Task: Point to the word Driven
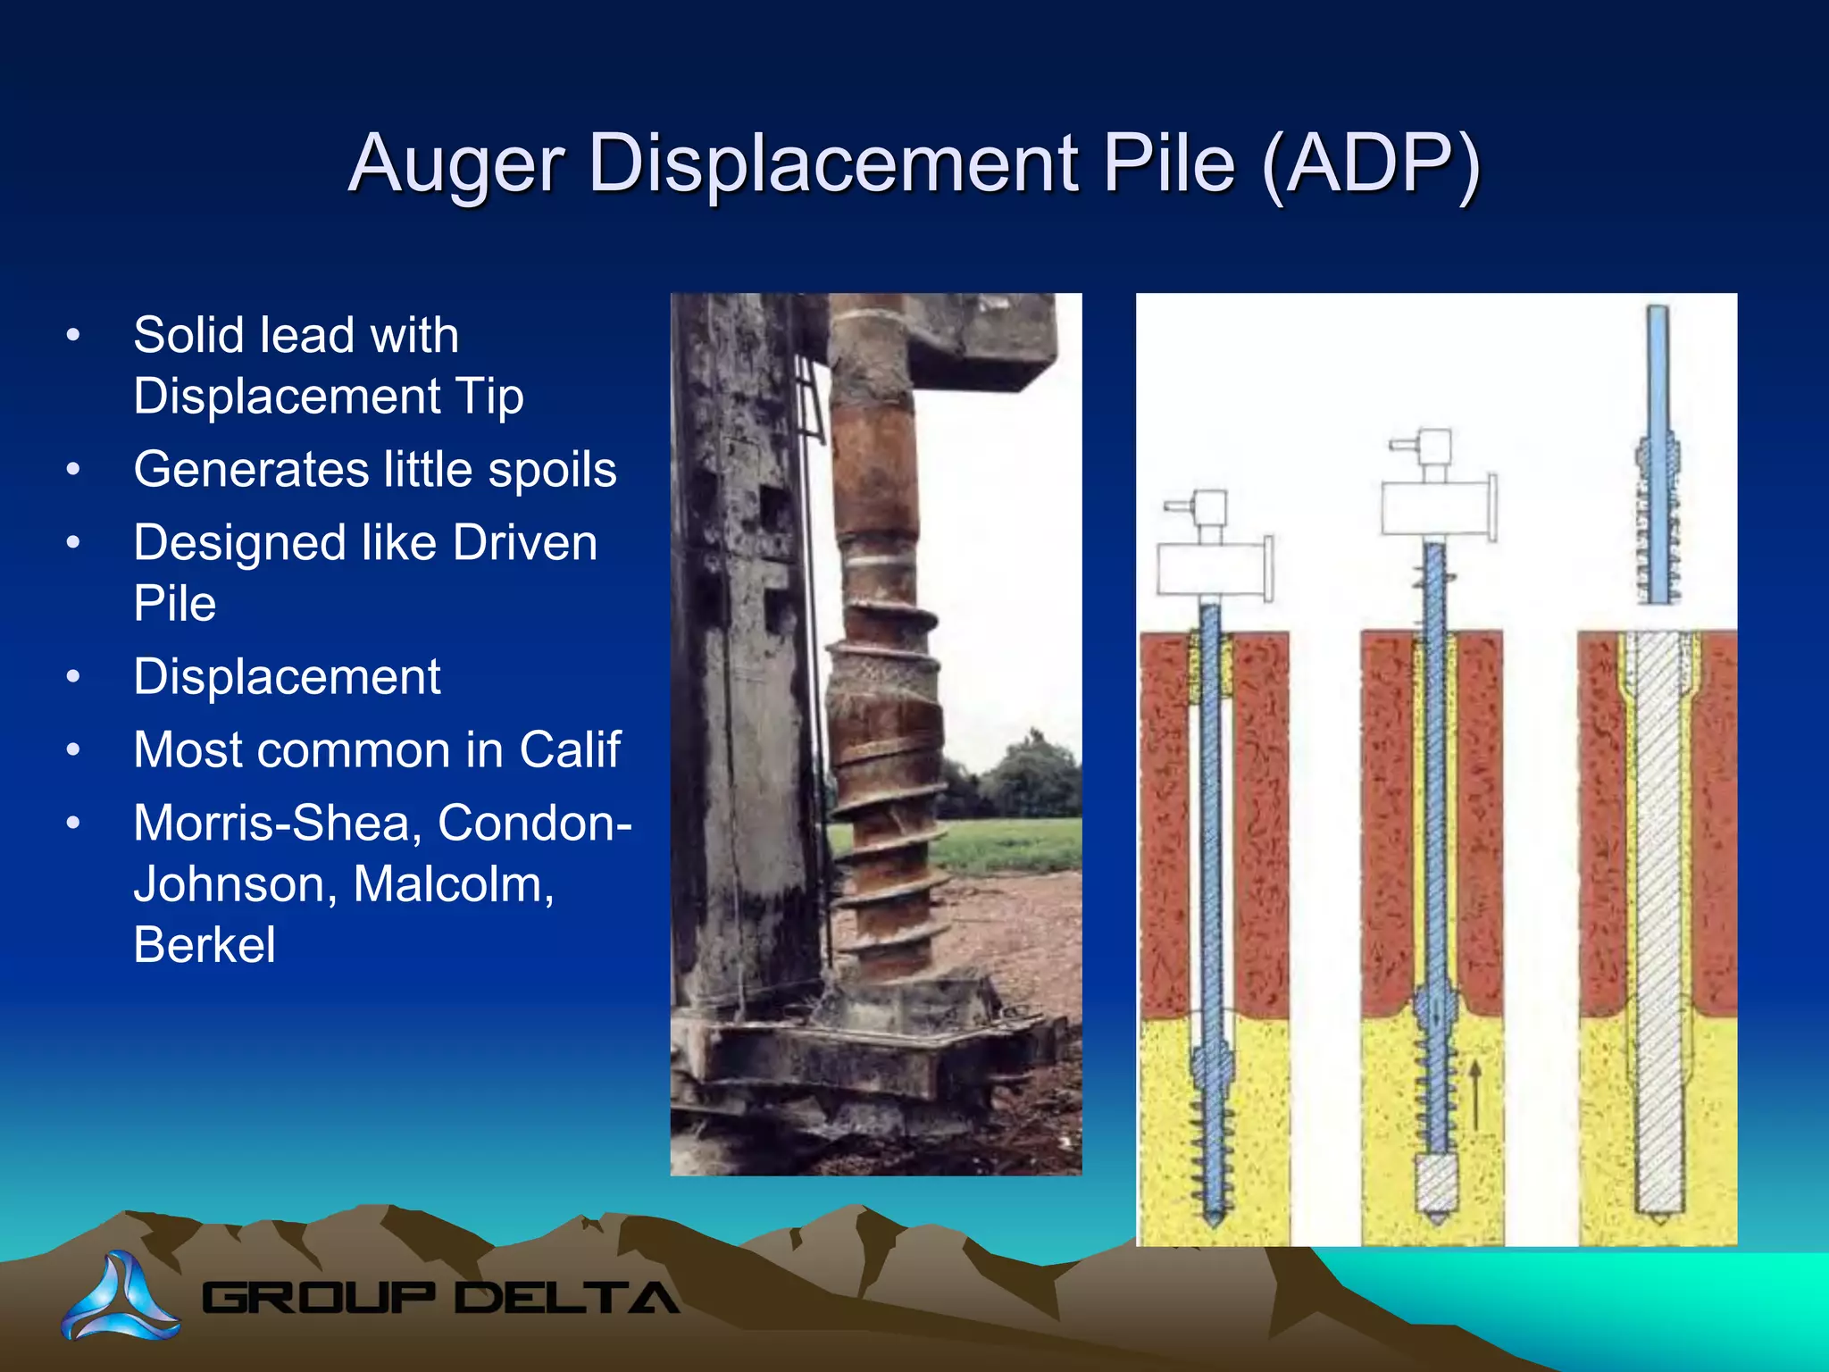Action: [x=524, y=543]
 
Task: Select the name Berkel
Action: [x=205, y=945]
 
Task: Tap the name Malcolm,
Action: [x=453, y=884]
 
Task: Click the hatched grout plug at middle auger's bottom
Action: [x=1437, y=1184]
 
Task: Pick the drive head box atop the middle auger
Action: [x=1435, y=507]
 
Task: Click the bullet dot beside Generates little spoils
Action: [x=73, y=470]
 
